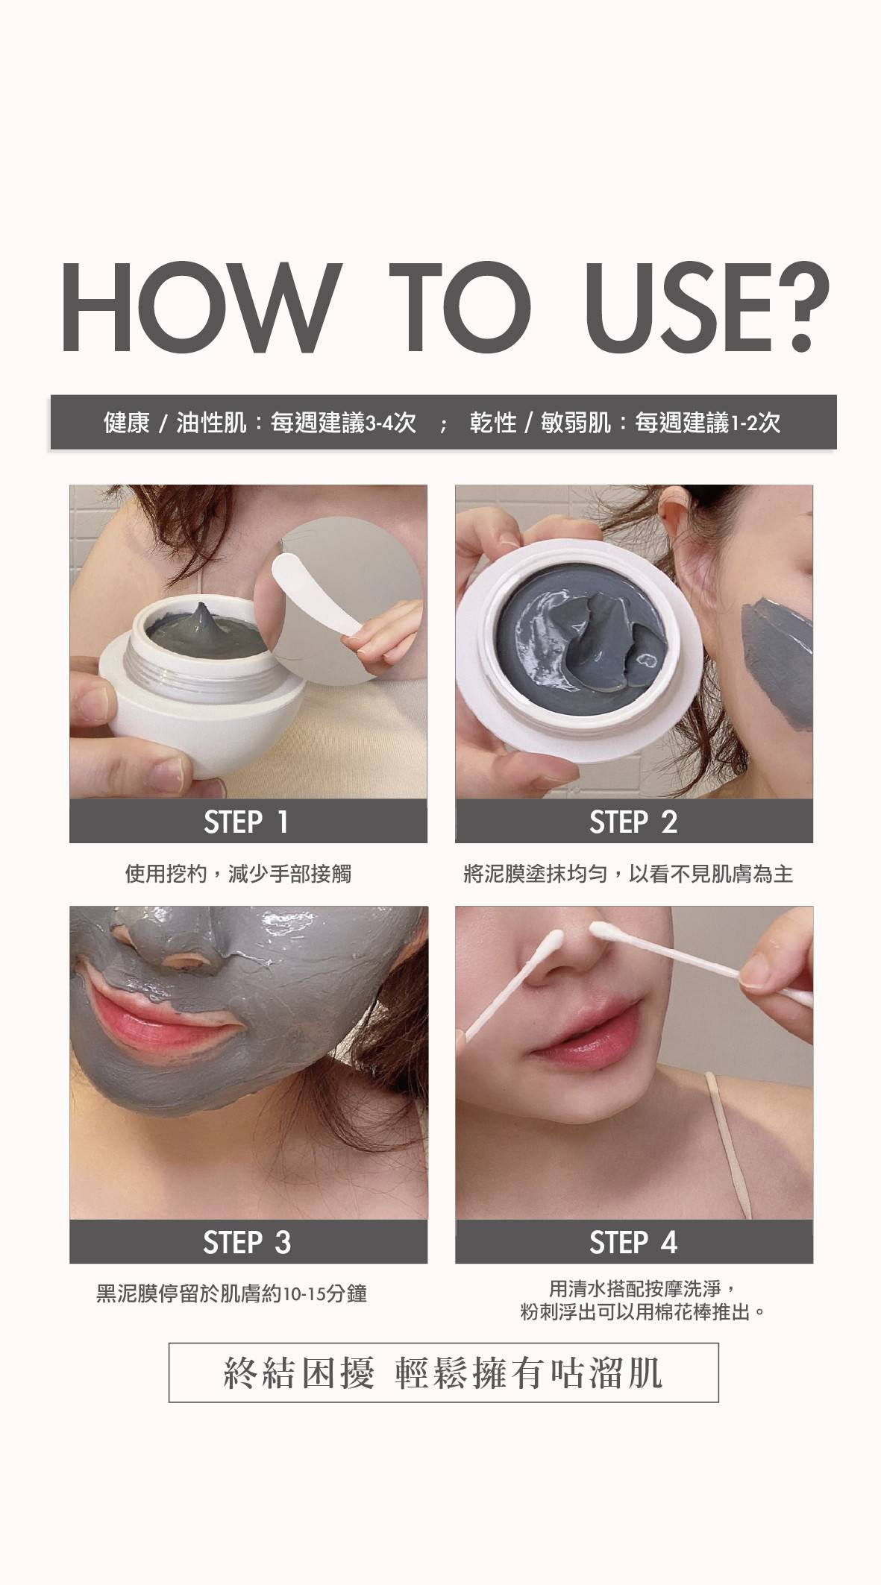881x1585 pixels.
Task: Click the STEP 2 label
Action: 633,822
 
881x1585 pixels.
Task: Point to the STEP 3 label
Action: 247,1243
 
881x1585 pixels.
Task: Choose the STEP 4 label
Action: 633,1243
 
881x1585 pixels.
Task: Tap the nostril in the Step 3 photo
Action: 191,965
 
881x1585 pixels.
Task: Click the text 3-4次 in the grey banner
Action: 391,423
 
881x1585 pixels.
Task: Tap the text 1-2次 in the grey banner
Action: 756,423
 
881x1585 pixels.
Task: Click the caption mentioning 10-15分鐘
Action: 231,1293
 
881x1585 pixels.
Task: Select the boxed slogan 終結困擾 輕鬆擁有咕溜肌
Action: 444,1373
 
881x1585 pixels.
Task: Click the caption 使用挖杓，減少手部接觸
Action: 238,873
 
